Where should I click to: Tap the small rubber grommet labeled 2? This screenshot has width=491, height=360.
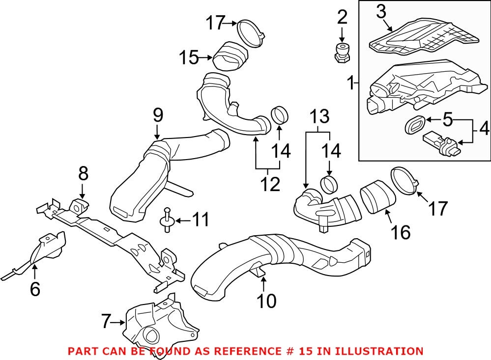point(342,51)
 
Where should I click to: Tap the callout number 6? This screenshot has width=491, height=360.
point(34,289)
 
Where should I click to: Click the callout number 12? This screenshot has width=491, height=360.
point(270,184)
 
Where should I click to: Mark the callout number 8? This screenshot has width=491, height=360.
point(83,173)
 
